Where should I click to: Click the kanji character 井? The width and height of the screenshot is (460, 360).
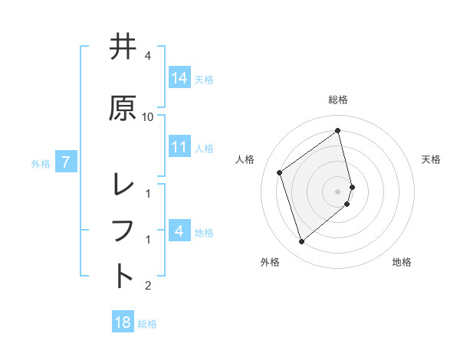point(123,47)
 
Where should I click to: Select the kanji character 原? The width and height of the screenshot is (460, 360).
point(123,108)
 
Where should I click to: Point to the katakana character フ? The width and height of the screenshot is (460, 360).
point(123,230)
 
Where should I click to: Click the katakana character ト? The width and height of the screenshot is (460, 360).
point(123,275)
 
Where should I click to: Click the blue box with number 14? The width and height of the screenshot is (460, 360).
point(179,78)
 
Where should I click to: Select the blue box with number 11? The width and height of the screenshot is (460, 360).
point(179,147)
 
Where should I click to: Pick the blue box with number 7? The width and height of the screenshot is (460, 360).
point(67,162)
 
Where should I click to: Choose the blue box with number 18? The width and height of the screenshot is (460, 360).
point(123,322)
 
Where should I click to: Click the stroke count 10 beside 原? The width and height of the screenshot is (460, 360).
point(147,116)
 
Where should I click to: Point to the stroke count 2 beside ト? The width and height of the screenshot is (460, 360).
point(147,286)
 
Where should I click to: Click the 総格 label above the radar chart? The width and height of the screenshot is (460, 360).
point(338,100)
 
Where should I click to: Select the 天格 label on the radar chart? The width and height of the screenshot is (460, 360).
point(431,159)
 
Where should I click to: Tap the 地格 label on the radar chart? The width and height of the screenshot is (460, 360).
point(402,262)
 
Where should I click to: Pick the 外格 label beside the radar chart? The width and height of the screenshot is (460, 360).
point(270,262)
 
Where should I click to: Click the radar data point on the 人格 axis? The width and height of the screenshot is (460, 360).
point(280,172)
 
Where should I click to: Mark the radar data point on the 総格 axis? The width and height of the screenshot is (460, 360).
point(338,130)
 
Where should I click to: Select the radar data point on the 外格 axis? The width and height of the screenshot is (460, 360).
point(301,242)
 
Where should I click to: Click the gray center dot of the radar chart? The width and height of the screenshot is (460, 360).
point(338,191)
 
